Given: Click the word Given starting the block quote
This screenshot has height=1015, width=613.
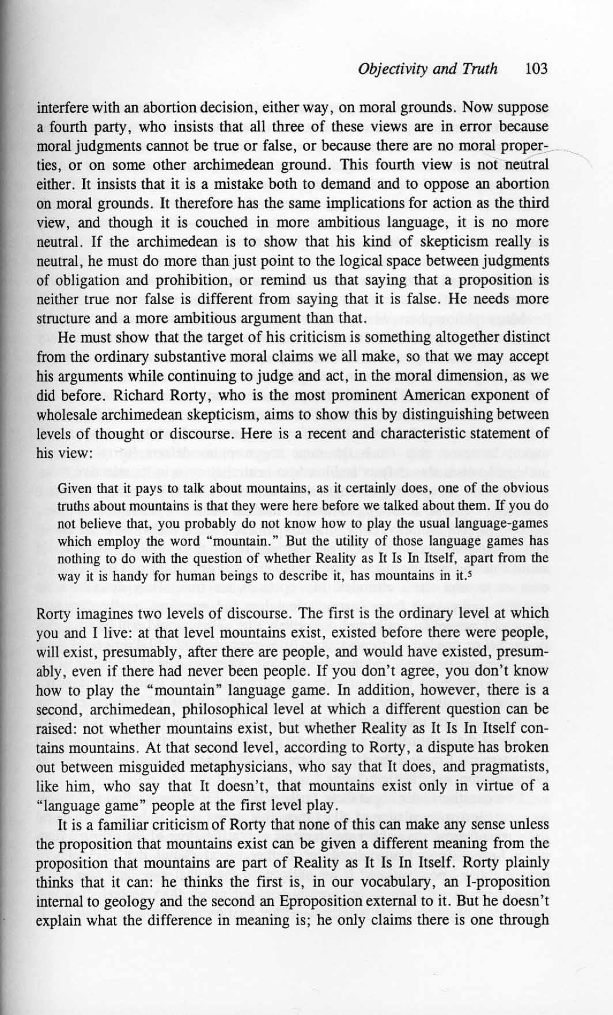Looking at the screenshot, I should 72,488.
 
